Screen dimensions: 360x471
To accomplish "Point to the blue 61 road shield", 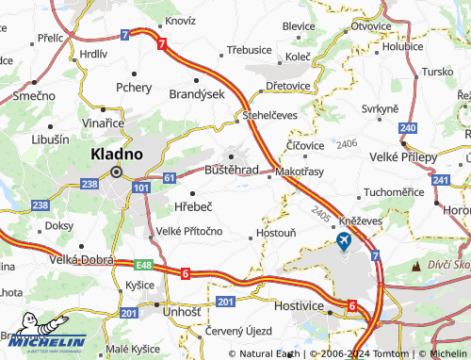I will click(x=169, y=177).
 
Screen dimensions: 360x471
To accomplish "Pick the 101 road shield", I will click(x=140, y=188).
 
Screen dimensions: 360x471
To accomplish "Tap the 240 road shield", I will click(x=407, y=127).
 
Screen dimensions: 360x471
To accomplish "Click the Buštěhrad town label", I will click(x=232, y=171).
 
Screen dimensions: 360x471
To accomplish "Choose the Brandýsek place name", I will click(x=196, y=94).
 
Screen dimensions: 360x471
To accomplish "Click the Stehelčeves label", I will click(x=270, y=115).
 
